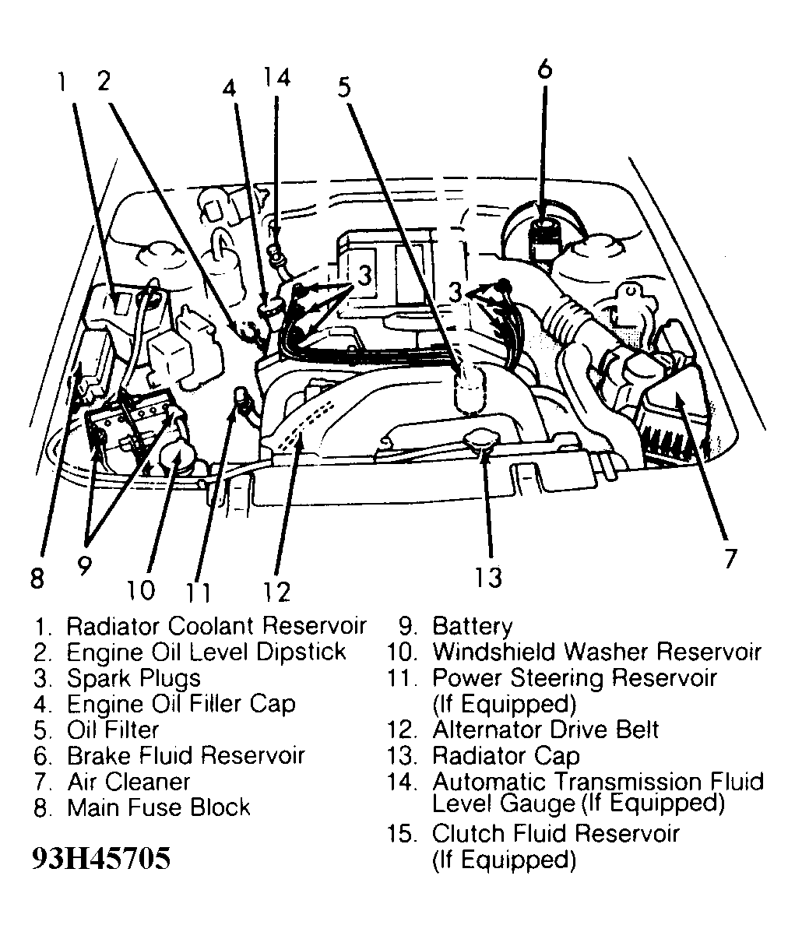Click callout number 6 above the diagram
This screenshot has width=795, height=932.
544,69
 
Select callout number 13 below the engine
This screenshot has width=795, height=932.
489,577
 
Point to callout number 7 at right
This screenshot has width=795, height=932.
729,559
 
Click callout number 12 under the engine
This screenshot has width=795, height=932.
276,592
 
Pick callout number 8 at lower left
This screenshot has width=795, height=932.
37,579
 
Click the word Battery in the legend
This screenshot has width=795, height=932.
472,626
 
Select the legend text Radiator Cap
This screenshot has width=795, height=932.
505,755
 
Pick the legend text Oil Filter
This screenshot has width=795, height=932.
113,730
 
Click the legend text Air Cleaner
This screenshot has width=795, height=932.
128,781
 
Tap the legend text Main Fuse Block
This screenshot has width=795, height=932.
159,807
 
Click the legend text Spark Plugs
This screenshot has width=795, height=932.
134,677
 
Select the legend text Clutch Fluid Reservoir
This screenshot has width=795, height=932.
555,833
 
